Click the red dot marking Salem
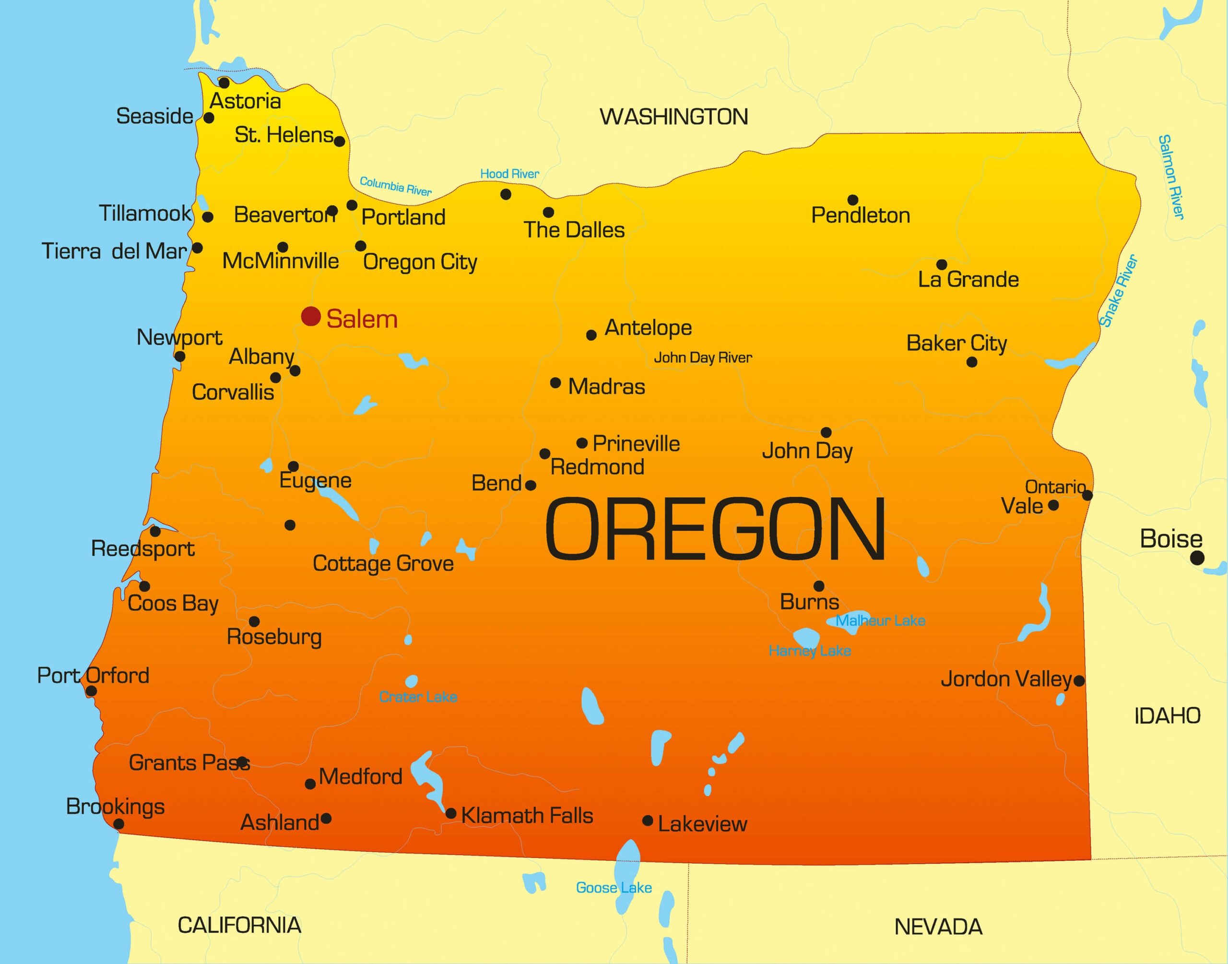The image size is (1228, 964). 311,317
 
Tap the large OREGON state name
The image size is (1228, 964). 715,529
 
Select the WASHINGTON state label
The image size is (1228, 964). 673,117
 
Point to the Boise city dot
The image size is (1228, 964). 1197,558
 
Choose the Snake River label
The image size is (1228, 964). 1118,291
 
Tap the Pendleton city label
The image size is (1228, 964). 860,215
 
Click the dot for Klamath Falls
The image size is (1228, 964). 451,813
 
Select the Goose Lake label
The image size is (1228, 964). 614,888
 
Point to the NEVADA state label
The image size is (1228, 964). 938,927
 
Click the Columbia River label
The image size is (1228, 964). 395,186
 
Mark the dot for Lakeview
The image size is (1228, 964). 648,821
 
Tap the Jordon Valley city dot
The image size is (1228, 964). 1078,681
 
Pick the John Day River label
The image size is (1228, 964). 703,357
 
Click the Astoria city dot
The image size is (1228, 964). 224,83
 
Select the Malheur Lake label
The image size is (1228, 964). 880,621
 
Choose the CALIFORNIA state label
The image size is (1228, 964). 239,926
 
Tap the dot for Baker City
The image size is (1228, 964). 971,362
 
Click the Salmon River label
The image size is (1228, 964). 1171,177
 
